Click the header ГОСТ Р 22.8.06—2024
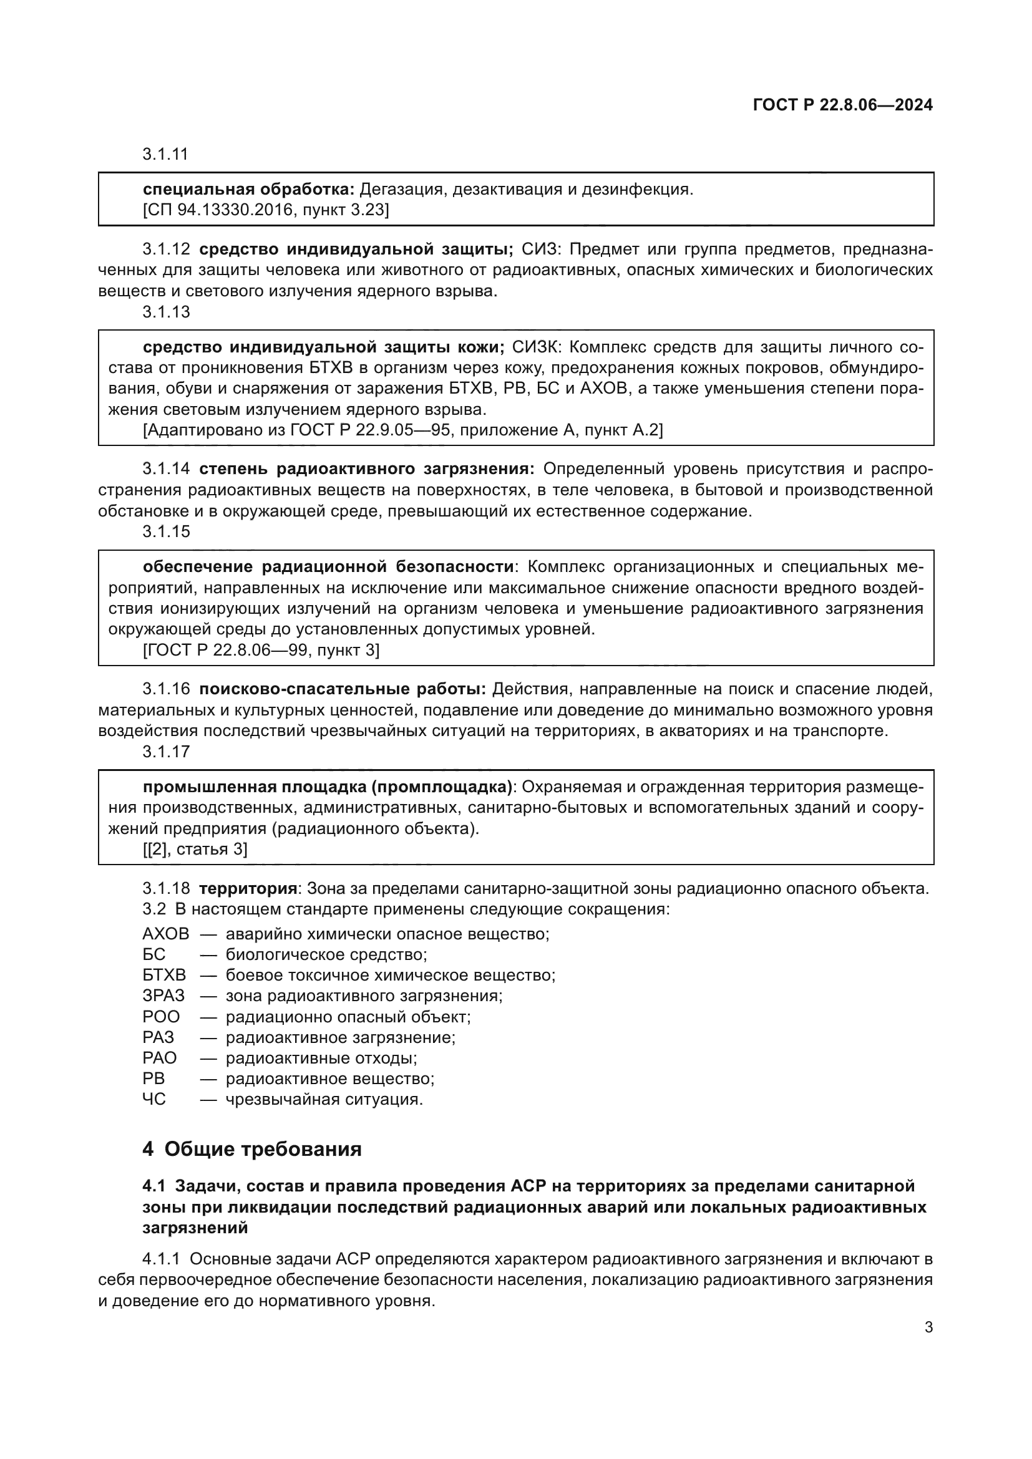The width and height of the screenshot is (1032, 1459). [x=842, y=105]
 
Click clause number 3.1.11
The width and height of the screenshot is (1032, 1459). [x=165, y=155]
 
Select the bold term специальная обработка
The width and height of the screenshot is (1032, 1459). [x=248, y=190]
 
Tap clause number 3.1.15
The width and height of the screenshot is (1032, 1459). [x=166, y=531]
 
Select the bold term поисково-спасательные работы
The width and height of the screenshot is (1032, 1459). [x=343, y=689]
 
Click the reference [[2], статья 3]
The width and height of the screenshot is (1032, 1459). [x=195, y=849]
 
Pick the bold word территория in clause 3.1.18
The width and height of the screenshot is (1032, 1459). [x=248, y=888]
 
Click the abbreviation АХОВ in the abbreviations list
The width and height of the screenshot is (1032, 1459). [x=166, y=934]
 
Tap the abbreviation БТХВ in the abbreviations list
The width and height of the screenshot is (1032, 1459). [x=165, y=976]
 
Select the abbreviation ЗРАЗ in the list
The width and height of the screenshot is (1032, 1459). [x=163, y=996]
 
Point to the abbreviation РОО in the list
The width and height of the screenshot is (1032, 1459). [x=162, y=1017]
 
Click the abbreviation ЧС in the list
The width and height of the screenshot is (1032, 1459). [x=154, y=1099]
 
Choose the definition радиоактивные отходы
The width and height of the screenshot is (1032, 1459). [x=321, y=1058]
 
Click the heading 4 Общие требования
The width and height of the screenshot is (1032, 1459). [x=251, y=1150]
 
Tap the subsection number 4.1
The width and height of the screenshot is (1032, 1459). [x=153, y=1186]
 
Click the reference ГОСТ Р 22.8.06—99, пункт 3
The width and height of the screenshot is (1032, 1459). [x=261, y=650]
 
